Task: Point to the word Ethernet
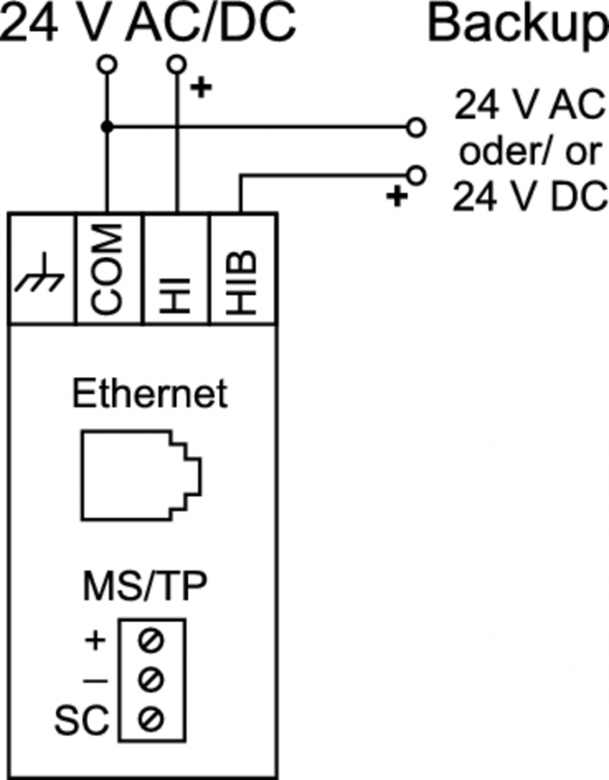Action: (x=149, y=393)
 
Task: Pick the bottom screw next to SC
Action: (x=153, y=717)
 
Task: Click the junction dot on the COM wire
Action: (x=107, y=127)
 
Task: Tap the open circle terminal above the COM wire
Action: (x=107, y=65)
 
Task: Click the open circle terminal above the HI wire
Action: (x=177, y=65)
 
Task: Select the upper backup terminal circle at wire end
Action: (x=417, y=128)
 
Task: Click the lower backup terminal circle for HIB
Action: (x=417, y=176)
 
